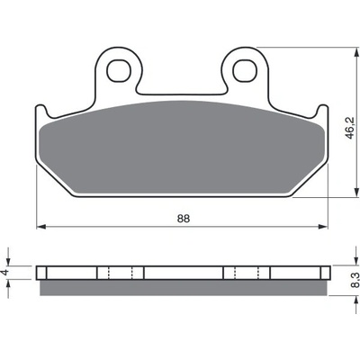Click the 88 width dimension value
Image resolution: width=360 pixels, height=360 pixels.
184,219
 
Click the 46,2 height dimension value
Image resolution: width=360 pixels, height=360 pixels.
349,128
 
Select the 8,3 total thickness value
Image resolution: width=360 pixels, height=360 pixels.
355,280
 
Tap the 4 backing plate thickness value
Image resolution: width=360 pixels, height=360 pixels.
5,273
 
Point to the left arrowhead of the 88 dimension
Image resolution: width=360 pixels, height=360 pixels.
40,227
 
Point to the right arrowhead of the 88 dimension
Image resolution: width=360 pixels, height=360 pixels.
323,227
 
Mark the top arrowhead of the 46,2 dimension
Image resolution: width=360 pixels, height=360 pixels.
356,52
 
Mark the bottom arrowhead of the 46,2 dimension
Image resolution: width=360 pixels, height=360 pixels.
356,193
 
